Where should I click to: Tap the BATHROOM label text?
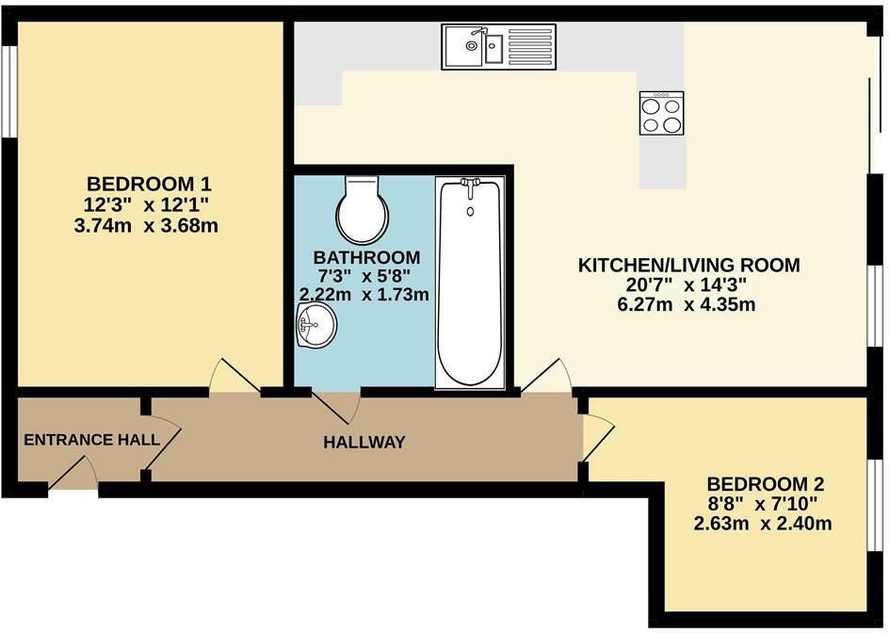click(366, 257)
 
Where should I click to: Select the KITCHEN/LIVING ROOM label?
click(688, 266)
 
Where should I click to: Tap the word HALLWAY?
click(364, 442)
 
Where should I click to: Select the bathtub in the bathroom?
click(469, 283)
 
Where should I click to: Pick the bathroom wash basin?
click(314, 329)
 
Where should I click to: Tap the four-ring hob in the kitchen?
click(661, 114)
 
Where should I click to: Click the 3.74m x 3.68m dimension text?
click(154, 226)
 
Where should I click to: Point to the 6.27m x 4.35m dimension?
click(688, 305)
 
